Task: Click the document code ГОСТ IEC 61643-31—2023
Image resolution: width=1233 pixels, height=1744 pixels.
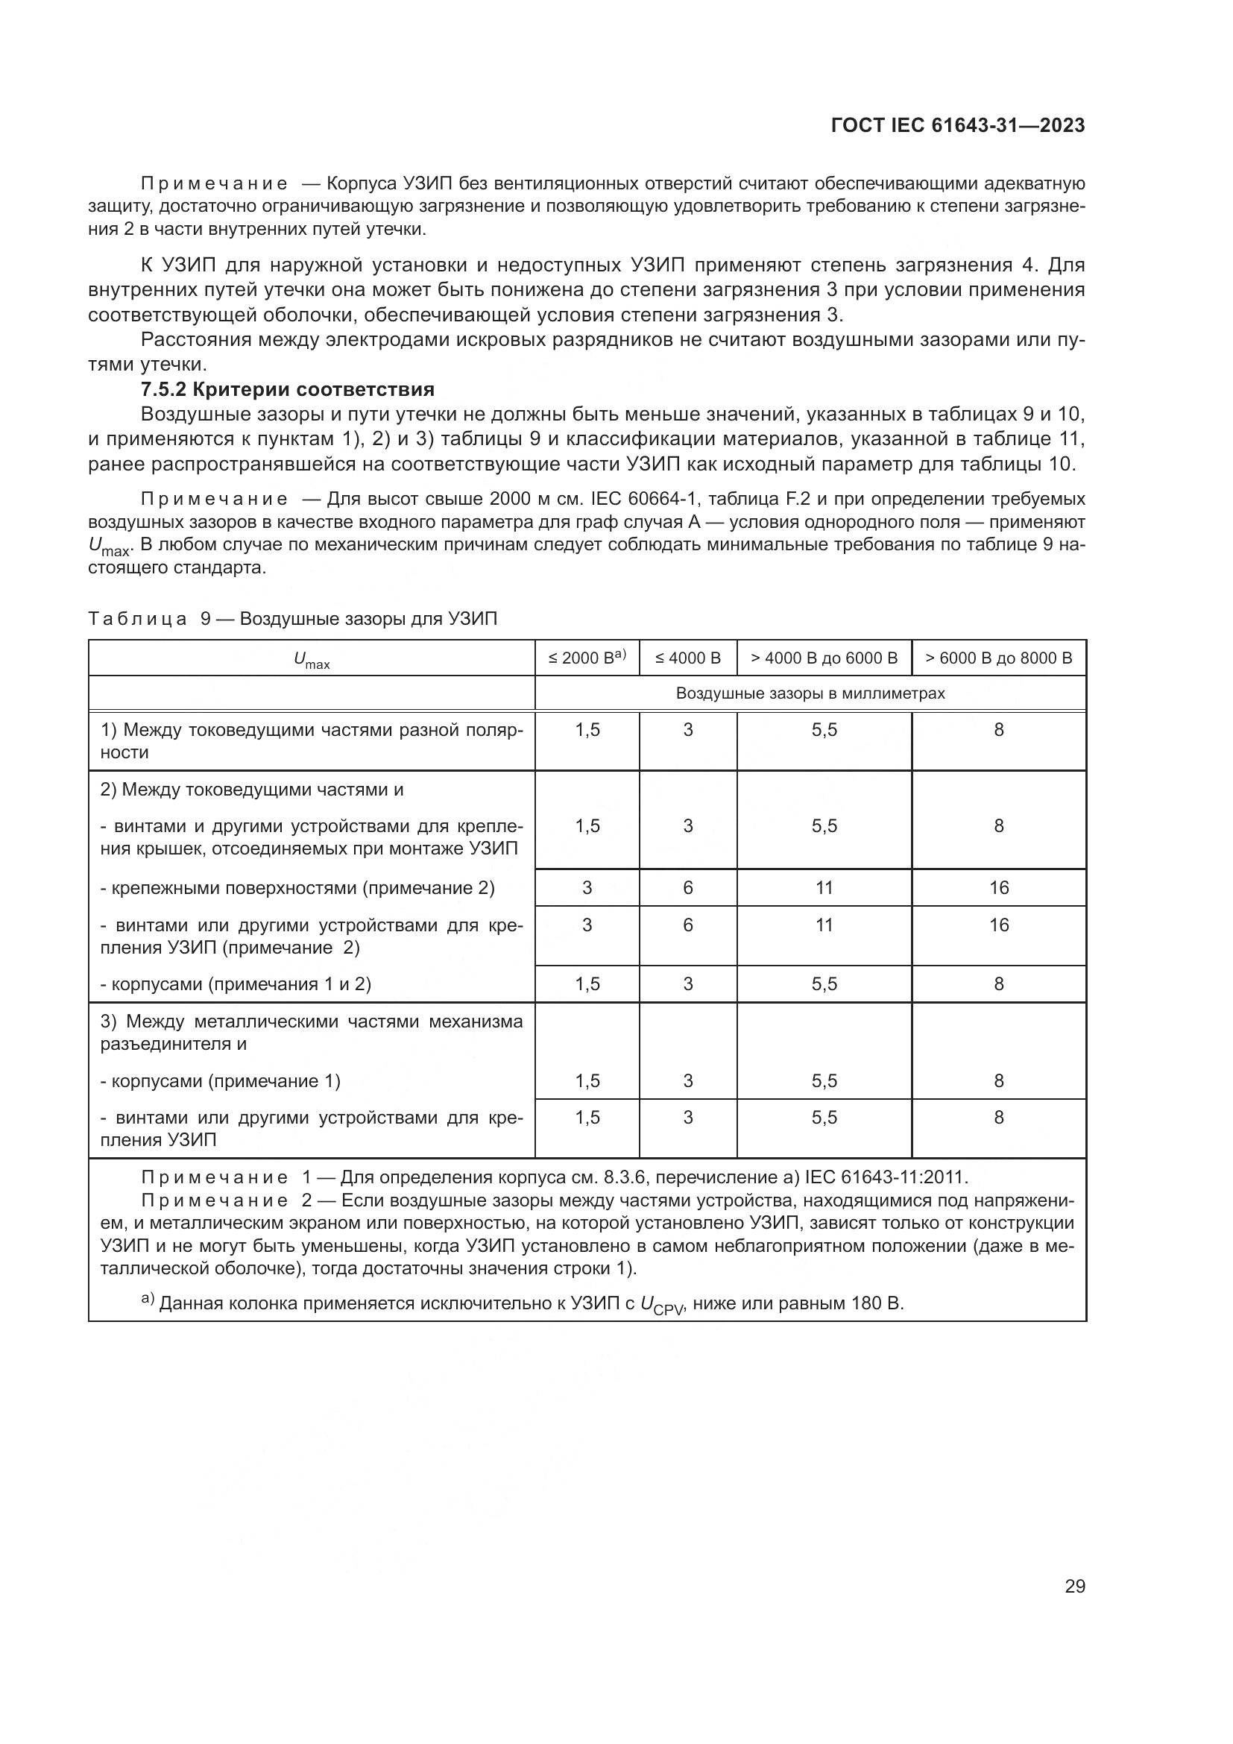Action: pyautogui.click(x=957, y=125)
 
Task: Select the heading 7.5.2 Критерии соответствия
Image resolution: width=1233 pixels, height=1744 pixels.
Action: pyautogui.click(x=288, y=390)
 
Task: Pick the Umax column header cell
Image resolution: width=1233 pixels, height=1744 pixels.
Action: pyautogui.click(x=312, y=659)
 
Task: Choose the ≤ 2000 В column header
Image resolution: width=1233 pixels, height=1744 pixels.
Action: pyautogui.click(x=587, y=658)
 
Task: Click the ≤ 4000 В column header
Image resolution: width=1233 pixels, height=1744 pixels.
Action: pyautogui.click(x=688, y=658)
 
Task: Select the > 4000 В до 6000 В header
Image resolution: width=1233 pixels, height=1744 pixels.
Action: pyautogui.click(x=824, y=658)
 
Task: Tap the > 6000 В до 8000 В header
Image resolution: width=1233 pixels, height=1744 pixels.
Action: pyautogui.click(x=998, y=658)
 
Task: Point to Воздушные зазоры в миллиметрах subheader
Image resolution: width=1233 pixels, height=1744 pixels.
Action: pyautogui.click(x=810, y=693)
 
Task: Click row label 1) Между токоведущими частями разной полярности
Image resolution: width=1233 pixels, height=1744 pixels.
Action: pyautogui.click(x=312, y=741)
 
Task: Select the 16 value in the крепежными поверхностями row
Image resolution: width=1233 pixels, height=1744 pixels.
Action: pyautogui.click(x=998, y=888)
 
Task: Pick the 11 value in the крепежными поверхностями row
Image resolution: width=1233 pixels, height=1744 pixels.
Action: pyautogui.click(x=824, y=888)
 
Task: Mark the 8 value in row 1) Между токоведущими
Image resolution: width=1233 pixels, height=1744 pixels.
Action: pyautogui.click(x=998, y=730)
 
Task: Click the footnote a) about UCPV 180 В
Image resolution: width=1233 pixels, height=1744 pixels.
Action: pyautogui.click(x=524, y=1304)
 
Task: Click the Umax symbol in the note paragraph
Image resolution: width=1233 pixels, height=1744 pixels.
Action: pyautogui.click(x=110, y=547)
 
